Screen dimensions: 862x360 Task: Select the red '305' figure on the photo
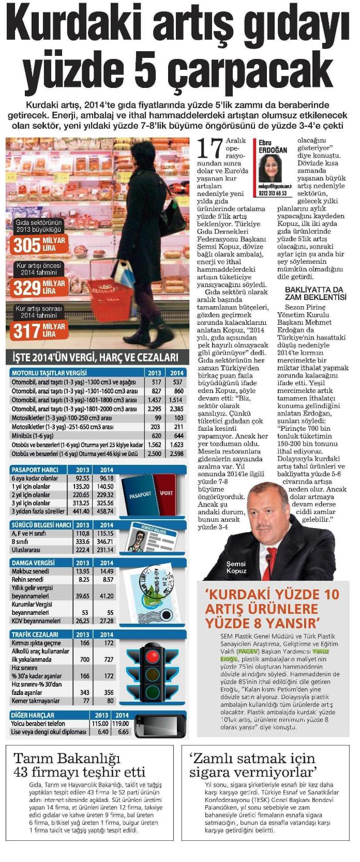27,245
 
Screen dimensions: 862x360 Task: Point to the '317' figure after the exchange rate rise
27,330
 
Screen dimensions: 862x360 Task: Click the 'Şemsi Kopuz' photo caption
236,567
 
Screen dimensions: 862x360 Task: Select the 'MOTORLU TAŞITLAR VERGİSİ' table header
49,372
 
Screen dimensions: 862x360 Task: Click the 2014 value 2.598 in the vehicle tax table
176,453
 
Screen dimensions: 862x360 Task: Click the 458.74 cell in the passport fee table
106,511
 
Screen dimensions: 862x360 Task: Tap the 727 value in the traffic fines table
108,660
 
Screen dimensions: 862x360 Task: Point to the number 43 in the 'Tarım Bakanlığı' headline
26,773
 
